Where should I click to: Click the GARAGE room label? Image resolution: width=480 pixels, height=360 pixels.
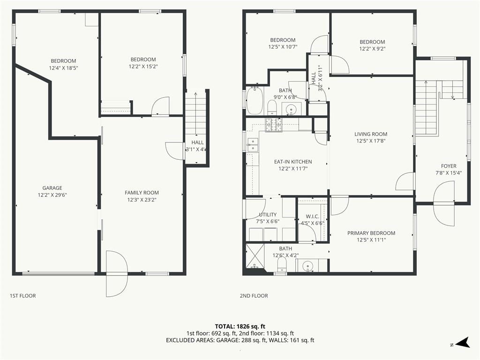(x=52, y=188)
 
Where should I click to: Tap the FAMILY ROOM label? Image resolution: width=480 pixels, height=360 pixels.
(x=142, y=193)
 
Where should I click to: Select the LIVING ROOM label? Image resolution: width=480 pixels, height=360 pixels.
(x=371, y=134)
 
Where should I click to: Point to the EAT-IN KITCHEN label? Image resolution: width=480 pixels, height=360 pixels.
(x=293, y=162)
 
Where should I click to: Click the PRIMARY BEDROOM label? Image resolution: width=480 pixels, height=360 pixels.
(x=371, y=233)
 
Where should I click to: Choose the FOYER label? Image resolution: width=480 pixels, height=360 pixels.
(x=449, y=166)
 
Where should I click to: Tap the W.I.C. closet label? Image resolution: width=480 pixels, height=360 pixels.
(x=312, y=217)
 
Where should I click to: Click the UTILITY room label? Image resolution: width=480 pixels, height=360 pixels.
(x=268, y=215)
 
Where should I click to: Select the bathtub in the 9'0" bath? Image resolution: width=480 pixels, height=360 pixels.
(x=255, y=100)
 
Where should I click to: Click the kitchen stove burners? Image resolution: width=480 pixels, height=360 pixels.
(x=274, y=125)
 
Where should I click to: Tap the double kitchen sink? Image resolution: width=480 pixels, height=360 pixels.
(x=253, y=145)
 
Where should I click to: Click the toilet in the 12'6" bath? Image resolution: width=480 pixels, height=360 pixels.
(x=282, y=264)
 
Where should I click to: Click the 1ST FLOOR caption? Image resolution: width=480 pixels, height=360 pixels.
(x=22, y=296)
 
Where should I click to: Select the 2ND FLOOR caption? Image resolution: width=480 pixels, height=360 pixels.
(x=254, y=296)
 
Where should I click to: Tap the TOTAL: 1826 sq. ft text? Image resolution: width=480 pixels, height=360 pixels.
(x=240, y=326)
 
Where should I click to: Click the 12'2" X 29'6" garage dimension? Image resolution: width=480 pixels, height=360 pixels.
(x=52, y=195)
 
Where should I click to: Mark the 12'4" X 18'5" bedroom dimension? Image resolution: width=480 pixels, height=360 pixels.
(x=63, y=68)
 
